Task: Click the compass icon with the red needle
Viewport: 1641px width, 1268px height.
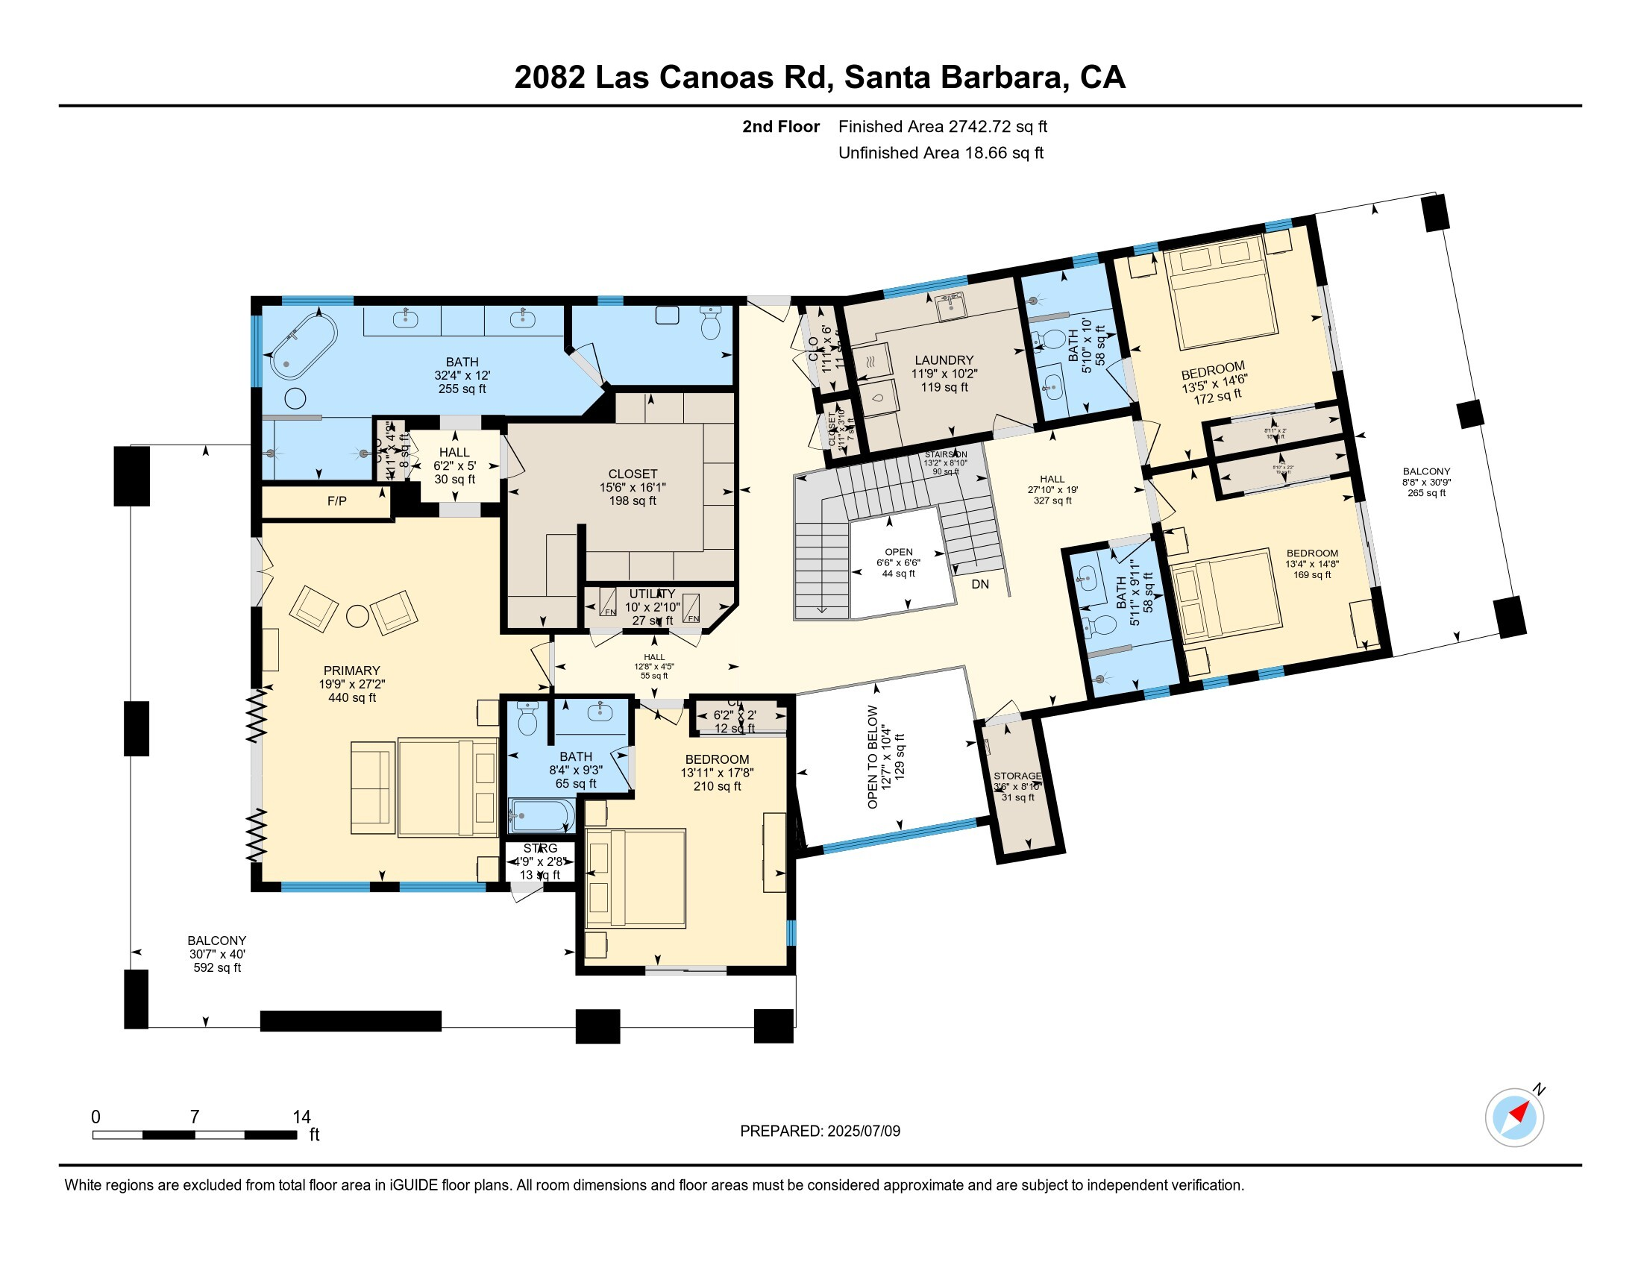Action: pos(1513,1117)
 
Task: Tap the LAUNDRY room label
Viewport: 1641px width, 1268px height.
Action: pos(944,360)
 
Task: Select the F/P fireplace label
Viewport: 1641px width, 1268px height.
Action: pos(336,501)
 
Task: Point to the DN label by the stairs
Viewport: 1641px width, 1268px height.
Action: pos(980,585)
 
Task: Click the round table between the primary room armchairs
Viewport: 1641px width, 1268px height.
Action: pos(357,616)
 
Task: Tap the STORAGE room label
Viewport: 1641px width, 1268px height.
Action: pos(1017,776)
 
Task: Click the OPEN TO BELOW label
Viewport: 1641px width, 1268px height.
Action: pos(873,756)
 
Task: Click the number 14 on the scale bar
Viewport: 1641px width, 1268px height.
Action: pos(301,1117)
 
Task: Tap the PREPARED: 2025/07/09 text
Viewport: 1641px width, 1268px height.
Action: pos(820,1132)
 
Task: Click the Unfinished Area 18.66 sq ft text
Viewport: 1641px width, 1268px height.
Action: pos(941,153)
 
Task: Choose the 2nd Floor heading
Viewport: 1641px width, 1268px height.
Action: pos(780,127)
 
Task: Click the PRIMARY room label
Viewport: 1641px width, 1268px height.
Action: pos(351,671)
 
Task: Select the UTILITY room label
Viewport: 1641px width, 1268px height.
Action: pos(651,594)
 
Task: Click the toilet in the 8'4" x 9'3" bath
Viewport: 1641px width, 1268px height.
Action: pos(527,719)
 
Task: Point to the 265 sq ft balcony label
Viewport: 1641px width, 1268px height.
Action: pos(1426,483)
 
